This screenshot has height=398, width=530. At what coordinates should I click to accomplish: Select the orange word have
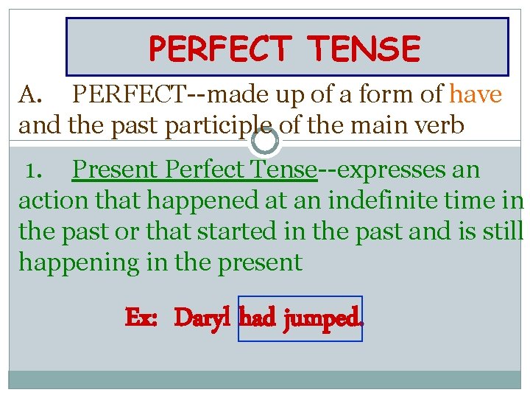(476, 94)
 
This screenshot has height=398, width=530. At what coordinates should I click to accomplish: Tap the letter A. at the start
(33, 95)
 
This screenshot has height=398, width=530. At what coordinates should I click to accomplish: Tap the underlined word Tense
(281, 170)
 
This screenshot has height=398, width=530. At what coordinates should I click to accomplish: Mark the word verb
(439, 125)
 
